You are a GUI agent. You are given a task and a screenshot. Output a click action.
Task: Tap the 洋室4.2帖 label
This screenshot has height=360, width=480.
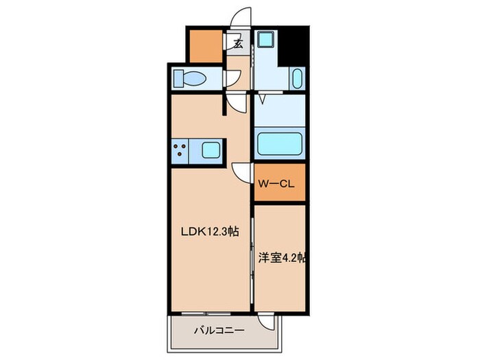[281, 259]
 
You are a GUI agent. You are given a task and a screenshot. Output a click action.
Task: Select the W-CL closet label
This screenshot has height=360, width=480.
[276, 183]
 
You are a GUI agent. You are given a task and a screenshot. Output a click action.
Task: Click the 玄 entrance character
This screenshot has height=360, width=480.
[238, 45]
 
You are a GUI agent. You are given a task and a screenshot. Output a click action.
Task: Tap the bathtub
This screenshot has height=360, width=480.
[278, 145]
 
